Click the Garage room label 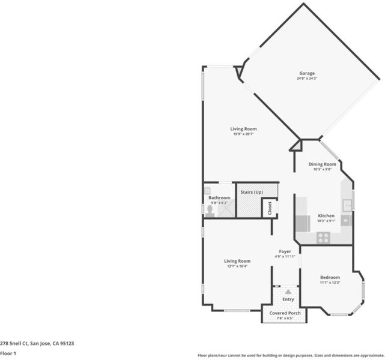(x=307, y=73)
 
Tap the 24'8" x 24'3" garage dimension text (x=307, y=79)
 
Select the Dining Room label (x=322, y=164)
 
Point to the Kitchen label (x=326, y=216)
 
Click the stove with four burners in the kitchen (x=323, y=238)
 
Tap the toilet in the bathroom (x=210, y=211)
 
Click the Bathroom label (x=219, y=197)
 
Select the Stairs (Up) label (x=252, y=192)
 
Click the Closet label (x=270, y=208)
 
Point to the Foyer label (x=285, y=251)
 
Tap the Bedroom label (x=330, y=277)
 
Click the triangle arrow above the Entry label (x=288, y=292)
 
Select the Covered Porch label (x=285, y=313)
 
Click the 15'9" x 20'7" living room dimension (x=243, y=134)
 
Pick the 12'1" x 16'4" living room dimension (x=237, y=266)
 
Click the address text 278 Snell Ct (x=14, y=343)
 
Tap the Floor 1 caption (x=8, y=353)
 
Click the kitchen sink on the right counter (x=347, y=205)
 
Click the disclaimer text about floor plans (x=291, y=355)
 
